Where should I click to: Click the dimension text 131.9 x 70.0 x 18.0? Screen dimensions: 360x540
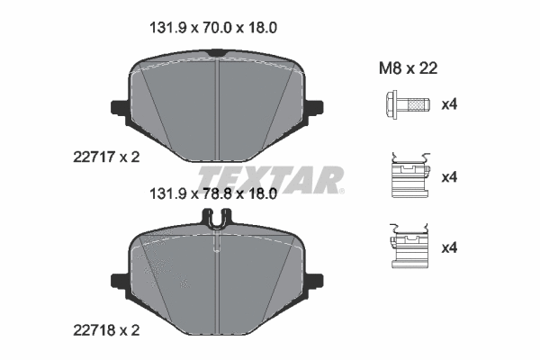[211, 28]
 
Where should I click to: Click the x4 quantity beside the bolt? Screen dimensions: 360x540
[449, 105]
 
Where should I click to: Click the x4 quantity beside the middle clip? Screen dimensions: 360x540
[449, 177]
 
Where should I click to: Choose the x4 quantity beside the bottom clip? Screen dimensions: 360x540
[449, 247]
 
